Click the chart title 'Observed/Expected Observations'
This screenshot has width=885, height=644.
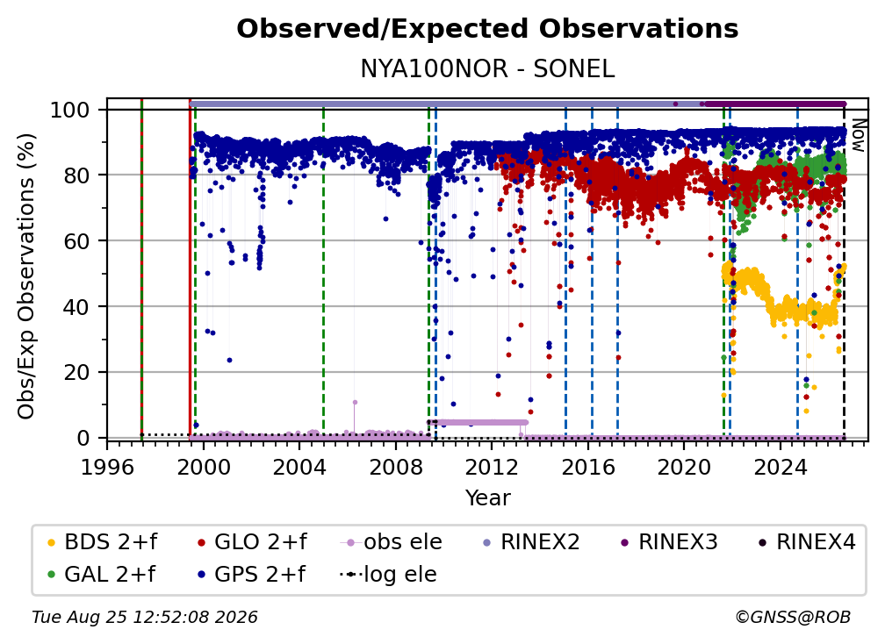point(487,29)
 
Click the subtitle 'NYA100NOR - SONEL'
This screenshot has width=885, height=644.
point(487,68)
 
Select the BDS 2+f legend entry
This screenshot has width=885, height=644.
point(102,542)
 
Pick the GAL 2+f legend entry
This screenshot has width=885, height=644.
point(101,575)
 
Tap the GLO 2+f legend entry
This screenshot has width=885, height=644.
point(252,542)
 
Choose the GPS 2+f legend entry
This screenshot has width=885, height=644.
point(251,575)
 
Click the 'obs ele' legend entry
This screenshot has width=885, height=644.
point(392,542)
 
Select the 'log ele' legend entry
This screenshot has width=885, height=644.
point(388,575)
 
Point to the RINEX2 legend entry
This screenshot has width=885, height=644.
point(531,542)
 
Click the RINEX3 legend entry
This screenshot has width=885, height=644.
point(669,542)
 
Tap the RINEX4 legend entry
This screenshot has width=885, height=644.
point(807,542)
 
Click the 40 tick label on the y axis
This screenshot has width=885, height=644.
point(76,307)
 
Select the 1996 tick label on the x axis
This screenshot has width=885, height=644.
point(108,468)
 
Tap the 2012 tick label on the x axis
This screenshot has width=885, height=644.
point(492,468)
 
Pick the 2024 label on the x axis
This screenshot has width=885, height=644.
point(780,468)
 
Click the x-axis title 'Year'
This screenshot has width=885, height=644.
point(487,498)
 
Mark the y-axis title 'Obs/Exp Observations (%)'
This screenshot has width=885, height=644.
point(26,276)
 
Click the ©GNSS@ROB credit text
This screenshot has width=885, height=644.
point(793,618)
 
